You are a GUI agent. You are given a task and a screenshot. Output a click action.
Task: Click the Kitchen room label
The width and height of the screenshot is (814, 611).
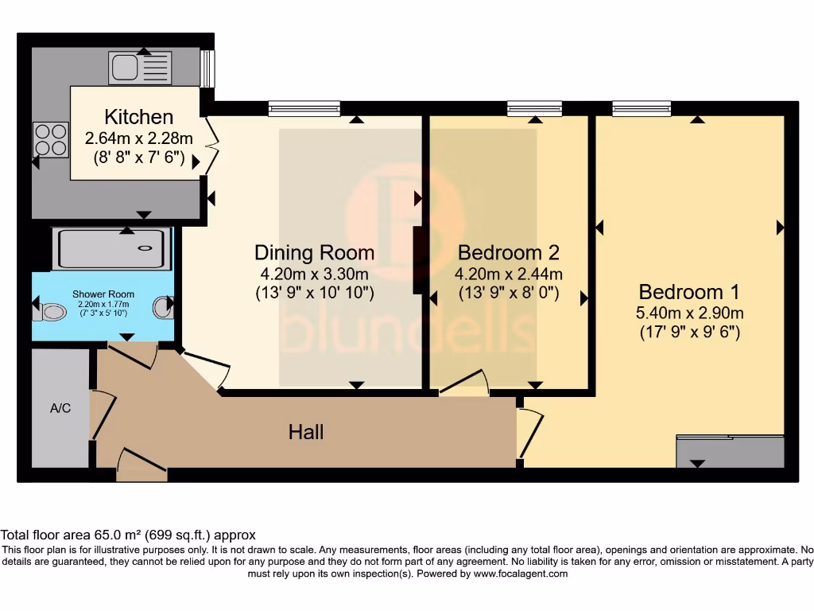coord(138,118)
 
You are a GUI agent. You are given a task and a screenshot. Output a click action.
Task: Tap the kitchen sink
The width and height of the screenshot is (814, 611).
coord(141,68)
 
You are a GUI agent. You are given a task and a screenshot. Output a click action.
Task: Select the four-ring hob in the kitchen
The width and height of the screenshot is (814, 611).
coord(51,139)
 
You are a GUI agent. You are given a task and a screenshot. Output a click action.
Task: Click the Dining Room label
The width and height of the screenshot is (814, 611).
coord(314,253)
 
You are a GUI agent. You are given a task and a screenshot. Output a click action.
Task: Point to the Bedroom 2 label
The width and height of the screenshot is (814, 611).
coord(509,253)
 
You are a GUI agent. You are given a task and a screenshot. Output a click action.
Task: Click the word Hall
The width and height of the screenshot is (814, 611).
coord(306,432)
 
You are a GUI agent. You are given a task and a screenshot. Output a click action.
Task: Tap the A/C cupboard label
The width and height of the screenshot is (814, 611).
coord(60,409)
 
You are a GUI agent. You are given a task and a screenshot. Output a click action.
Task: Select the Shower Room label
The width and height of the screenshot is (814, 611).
coord(103,294)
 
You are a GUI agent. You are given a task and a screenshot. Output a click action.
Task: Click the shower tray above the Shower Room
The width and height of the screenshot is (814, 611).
coord(111,248)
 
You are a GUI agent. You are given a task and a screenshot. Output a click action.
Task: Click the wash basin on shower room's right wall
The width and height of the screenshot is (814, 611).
coord(163,307)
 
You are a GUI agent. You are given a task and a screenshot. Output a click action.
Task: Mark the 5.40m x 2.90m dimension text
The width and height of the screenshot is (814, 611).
coord(690,313)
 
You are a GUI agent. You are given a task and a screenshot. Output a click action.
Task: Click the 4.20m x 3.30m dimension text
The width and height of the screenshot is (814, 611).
coord(314,274)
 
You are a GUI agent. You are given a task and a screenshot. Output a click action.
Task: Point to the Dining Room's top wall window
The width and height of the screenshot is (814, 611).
coord(304,109)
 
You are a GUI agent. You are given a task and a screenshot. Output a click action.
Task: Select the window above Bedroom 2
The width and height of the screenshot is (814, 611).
coord(534,109)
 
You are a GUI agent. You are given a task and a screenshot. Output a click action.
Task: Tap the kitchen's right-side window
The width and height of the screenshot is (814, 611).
coord(207,69)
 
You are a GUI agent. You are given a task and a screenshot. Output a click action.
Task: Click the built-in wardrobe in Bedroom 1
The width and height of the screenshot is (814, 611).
coord(730,451)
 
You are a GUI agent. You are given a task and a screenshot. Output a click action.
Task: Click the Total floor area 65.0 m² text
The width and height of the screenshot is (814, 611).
coord(128,535)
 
